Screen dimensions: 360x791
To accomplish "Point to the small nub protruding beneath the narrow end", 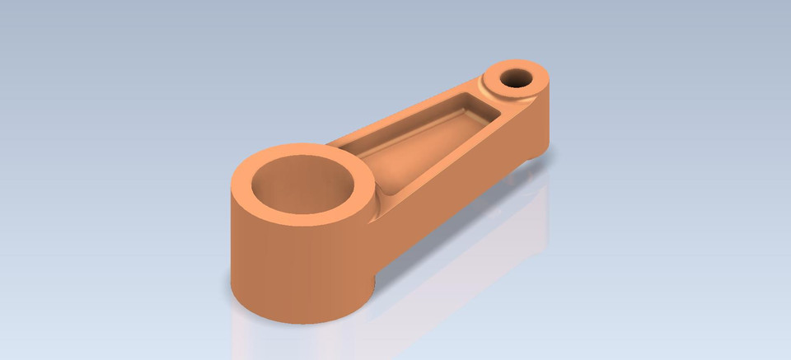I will pos(531,157).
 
